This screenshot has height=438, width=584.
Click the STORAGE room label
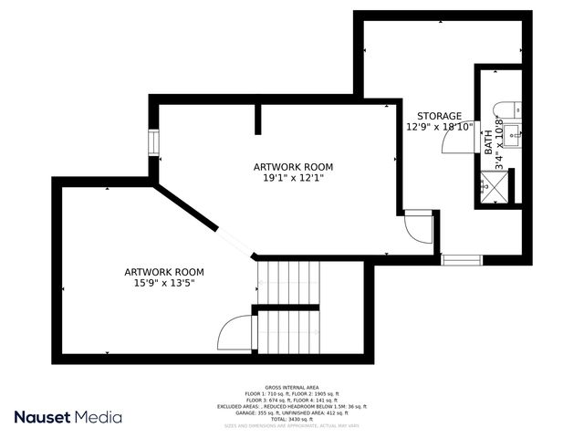point(439,116)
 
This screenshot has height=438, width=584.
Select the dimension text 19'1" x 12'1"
point(292,178)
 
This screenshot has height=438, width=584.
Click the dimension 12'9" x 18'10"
point(439,128)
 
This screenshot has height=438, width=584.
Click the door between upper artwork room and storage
point(417,226)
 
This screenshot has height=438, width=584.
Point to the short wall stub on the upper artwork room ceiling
point(259,120)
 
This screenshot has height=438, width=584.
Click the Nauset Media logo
point(68,417)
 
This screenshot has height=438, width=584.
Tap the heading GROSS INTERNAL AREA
point(291,387)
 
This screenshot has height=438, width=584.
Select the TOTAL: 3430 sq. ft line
point(291,420)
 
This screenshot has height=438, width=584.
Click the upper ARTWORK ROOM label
point(292,167)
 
